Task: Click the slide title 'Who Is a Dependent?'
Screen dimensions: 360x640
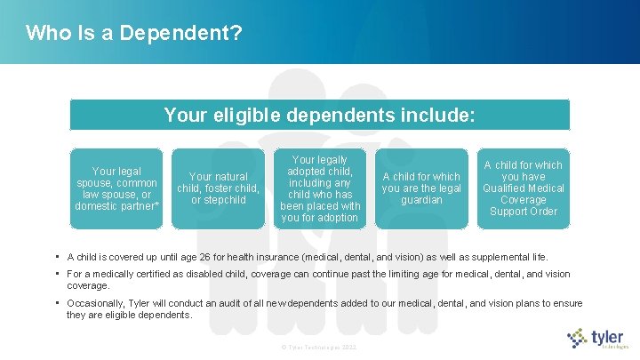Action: click(x=134, y=34)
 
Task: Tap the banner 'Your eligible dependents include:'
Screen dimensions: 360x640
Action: click(x=319, y=116)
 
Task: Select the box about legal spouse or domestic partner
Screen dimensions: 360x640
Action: click(x=117, y=188)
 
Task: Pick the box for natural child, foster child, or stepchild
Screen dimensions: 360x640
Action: click(x=218, y=188)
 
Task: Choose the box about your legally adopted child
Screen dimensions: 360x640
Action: click(x=320, y=188)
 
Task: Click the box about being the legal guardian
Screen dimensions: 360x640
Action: click(x=421, y=188)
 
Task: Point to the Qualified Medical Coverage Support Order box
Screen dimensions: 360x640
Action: click(x=523, y=188)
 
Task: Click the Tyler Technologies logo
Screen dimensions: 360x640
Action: click(x=597, y=339)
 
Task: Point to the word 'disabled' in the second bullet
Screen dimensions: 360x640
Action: click(x=201, y=274)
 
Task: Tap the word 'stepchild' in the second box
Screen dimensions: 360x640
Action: click(x=224, y=200)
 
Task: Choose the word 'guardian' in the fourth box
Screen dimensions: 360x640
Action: click(x=421, y=200)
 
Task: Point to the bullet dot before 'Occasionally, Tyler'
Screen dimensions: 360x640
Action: click(x=57, y=303)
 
